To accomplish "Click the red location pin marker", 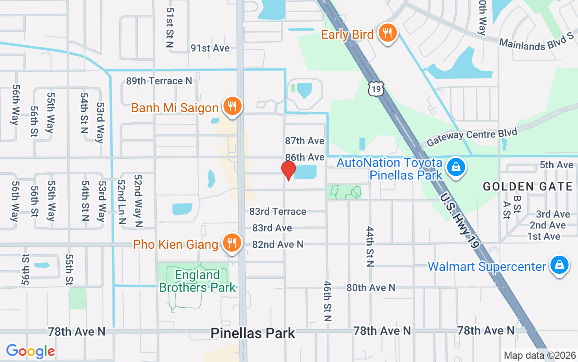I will (288, 171).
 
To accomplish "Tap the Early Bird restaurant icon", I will (387, 33).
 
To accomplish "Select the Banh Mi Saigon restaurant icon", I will (232, 107).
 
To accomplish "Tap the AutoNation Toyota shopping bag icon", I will (456, 167).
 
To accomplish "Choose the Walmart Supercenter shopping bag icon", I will (559, 265).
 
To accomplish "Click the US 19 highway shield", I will (376, 89).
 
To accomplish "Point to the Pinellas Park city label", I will (253, 333).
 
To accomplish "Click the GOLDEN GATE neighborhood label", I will (527, 186).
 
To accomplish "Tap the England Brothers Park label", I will (197, 281).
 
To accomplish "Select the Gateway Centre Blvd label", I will (471, 134).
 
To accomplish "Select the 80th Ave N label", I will (371, 287).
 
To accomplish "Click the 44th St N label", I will (370, 247).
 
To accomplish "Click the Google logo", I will (30, 351).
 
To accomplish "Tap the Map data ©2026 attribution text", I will (540, 356).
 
